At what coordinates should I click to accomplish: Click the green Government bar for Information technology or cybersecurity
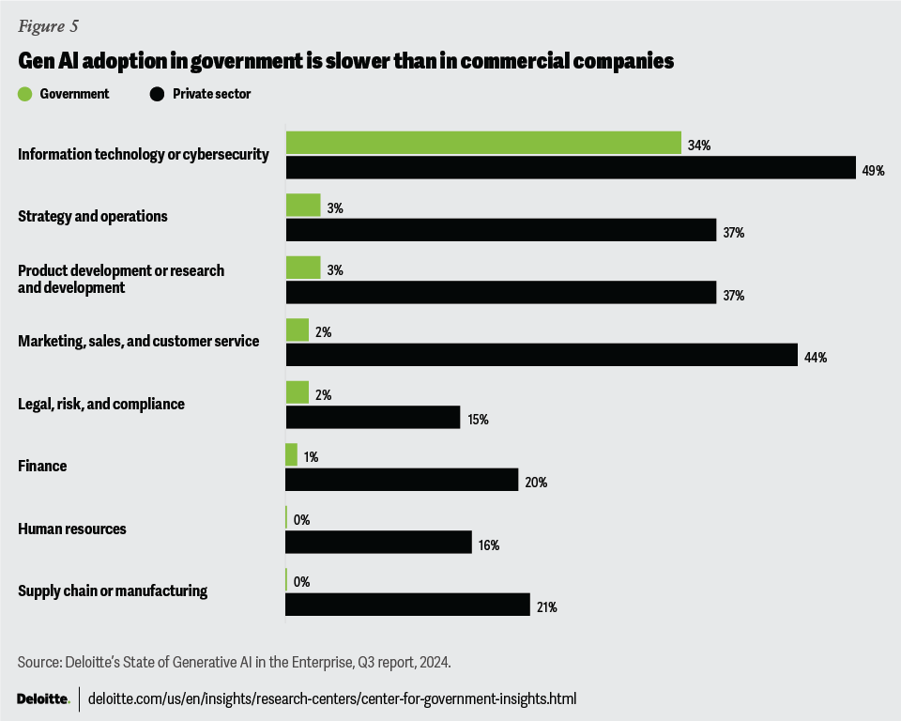483,143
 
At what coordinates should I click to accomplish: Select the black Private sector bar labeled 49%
570,168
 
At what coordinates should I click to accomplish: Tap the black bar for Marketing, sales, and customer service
539,355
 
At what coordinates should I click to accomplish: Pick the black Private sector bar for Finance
402,480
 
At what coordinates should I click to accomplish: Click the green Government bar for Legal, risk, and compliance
298,392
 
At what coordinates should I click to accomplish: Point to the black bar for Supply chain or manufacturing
407,605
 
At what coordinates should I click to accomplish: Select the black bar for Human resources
378,543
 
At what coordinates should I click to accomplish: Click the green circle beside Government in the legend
25,94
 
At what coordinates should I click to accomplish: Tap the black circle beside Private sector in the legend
157,94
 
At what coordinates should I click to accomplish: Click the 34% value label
699,146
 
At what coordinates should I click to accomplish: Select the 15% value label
477,420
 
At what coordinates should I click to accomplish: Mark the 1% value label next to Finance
313,457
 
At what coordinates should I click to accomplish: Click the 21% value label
546,607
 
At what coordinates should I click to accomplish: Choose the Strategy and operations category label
93,216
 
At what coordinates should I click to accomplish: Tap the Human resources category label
72,529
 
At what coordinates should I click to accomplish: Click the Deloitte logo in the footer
43,698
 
